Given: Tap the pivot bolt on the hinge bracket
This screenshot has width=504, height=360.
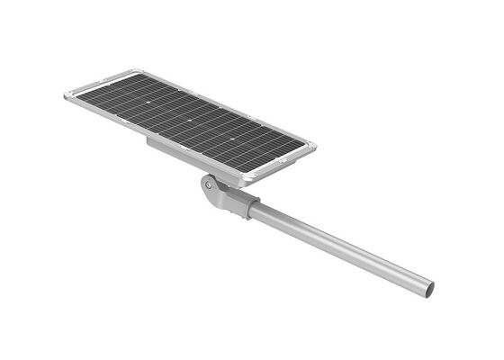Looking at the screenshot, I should [x=210, y=184].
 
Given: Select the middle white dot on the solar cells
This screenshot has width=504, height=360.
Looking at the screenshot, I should [x=191, y=118].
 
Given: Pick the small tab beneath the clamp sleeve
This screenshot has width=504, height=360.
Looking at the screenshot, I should [x=241, y=216].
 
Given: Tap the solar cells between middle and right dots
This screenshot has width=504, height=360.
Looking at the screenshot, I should [x=212, y=130].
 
